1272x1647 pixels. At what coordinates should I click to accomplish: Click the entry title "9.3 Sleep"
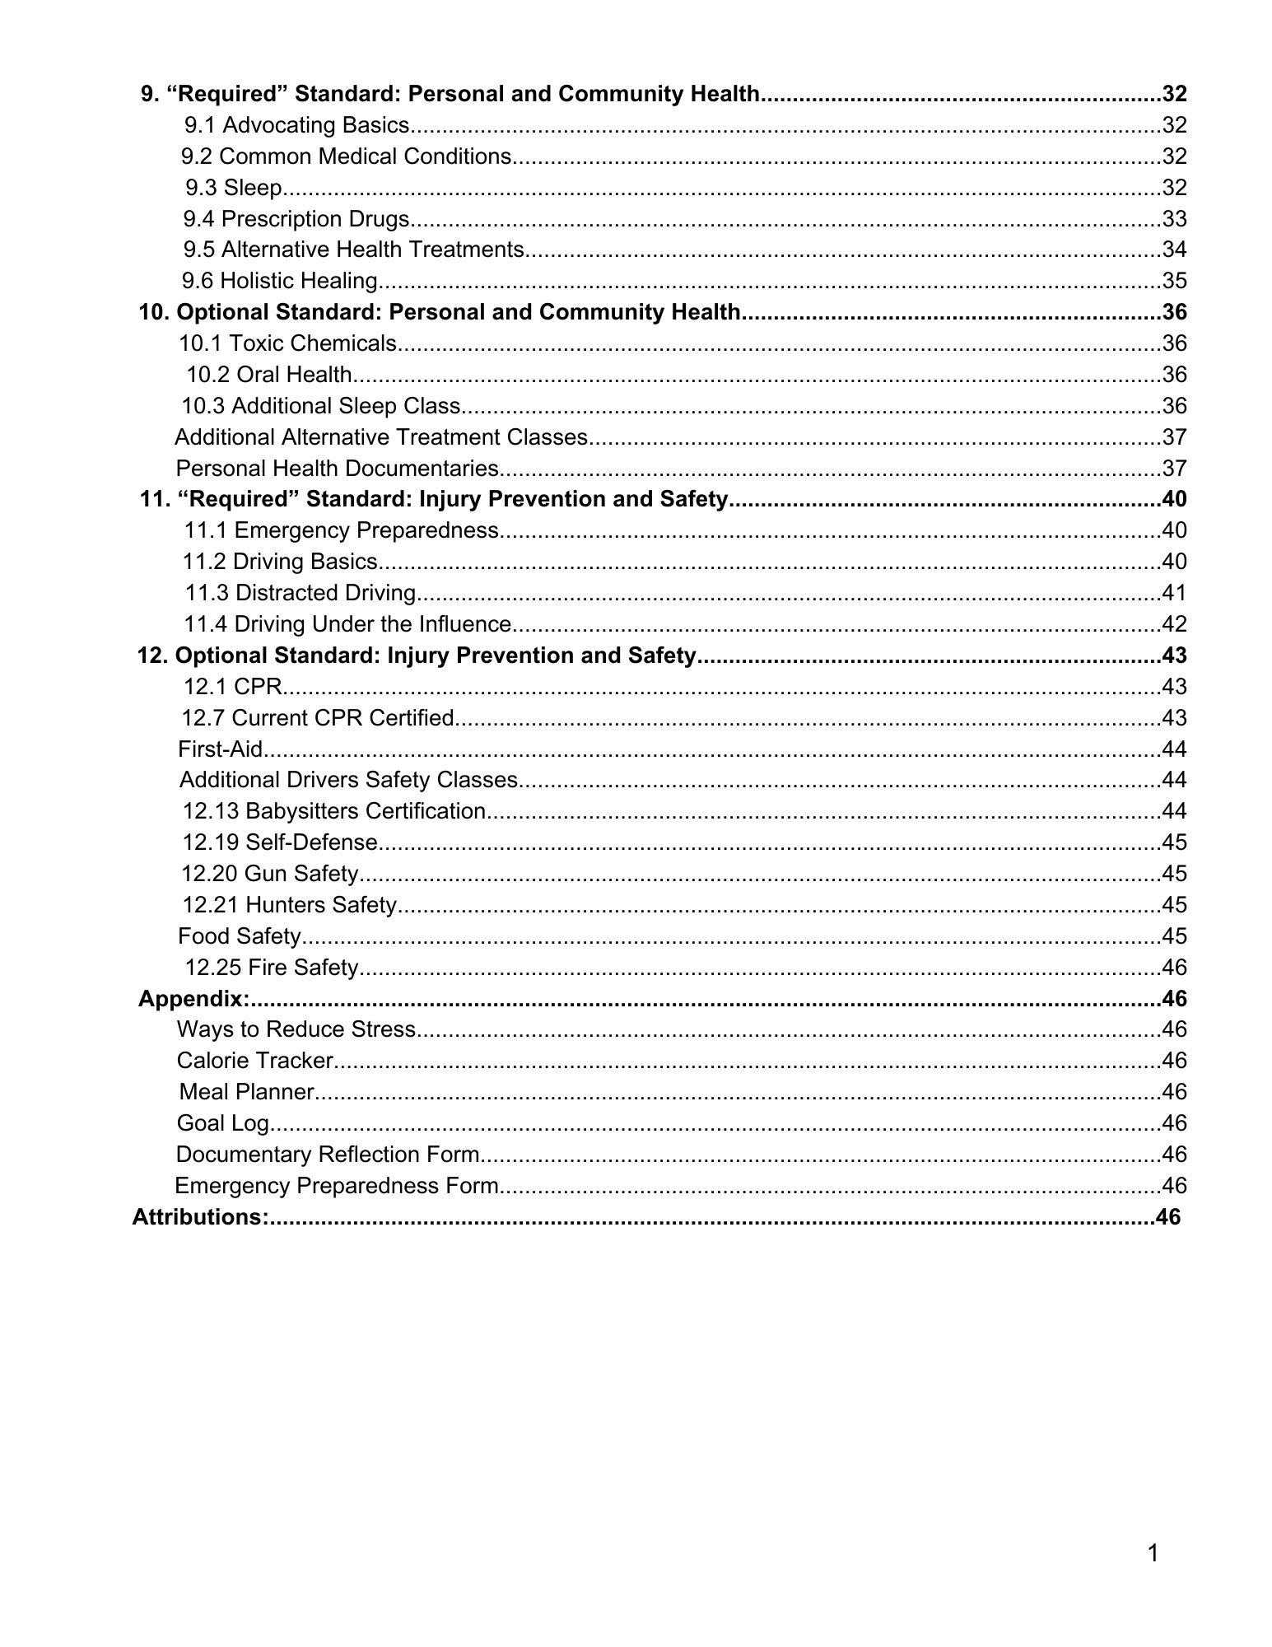[x=234, y=188]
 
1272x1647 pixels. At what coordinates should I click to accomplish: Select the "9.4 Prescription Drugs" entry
[x=296, y=219]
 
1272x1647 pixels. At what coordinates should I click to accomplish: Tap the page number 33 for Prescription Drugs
[x=1174, y=219]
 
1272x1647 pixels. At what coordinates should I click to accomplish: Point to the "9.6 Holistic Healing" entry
[x=280, y=281]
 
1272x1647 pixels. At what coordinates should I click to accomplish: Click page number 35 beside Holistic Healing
[x=1174, y=281]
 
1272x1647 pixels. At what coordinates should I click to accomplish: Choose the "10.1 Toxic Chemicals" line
[x=288, y=343]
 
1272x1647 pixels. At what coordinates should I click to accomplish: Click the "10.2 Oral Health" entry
[x=269, y=375]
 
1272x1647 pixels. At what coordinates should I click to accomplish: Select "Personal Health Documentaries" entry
[x=338, y=469]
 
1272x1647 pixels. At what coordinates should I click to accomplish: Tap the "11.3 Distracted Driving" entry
[x=301, y=593]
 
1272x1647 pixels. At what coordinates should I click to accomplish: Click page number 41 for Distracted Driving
[x=1174, y=593]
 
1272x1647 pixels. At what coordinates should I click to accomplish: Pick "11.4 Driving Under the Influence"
[x=347, y=624]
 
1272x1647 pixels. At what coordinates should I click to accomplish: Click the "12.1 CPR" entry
[x=233, y=687]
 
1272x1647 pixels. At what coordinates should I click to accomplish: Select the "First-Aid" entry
[x=221, y=749]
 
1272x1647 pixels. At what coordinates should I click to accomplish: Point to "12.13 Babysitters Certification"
[x=334, y=812]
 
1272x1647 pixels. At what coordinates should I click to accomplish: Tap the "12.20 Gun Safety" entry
[x=270, y=874]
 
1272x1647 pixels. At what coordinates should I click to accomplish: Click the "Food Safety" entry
[x=240, y=936]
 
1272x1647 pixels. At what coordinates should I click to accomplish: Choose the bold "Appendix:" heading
[x=193, y=999]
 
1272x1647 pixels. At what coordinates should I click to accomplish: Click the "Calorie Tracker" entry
[x=255, y=1061]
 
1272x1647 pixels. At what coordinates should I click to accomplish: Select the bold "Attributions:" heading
[x=200, y=1217]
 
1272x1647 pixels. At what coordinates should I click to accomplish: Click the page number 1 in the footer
[x=1153, y=1554]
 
